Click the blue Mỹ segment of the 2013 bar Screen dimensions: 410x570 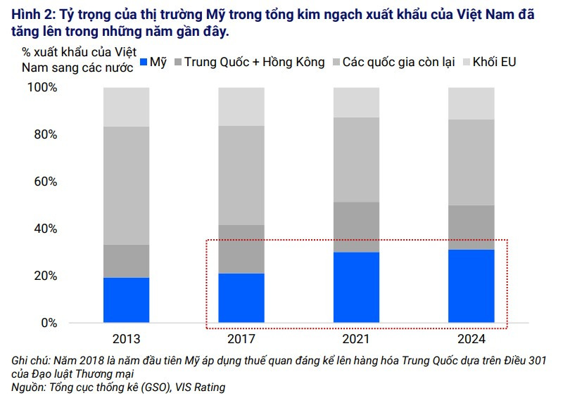pyautogui.click(x=126, y=300)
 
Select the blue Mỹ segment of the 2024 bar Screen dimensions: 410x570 pyautogui.click(x=471, y=286)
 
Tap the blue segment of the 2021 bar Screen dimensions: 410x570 pyautogui.click(x=356, y=288)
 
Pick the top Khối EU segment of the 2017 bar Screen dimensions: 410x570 pyautogui.click(x=241, y=106)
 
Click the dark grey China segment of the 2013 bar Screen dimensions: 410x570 pyautogui.click(x=126, y=261)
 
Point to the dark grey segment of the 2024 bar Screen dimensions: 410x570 pyautogui.click(x=471, y=227)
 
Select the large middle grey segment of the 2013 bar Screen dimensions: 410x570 pyautogui.click(x=126, y=186)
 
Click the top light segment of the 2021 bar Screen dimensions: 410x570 pyautogui.click(x=356, y=102)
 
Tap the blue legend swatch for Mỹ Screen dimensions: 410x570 pyautogui.click(x=145, y=63)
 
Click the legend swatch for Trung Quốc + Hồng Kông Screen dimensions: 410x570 pyautogui.click(x=177, y=63)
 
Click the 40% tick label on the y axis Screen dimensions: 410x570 pyautogui.click(x=44, y=229)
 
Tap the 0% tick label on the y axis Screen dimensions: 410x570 pyautogui.click(x=47, y=323)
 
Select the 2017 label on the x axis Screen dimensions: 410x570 pyautogui.click(x=241, y=338)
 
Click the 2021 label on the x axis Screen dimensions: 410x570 pyautogui.click(x=356, y=338)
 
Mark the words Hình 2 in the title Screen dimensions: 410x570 pyautogui.click(x=32, y=14)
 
